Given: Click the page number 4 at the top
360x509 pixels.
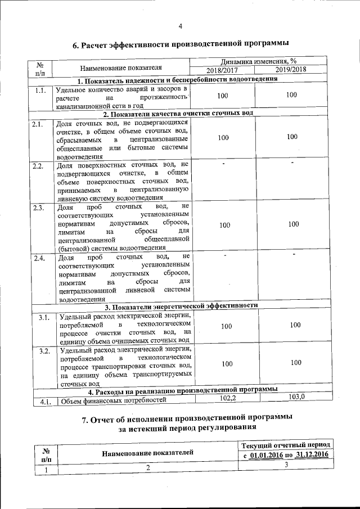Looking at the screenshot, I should [181, 26].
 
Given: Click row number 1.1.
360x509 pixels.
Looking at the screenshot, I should [39, 91].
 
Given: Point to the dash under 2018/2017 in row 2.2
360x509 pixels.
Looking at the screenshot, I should [223, 164].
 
